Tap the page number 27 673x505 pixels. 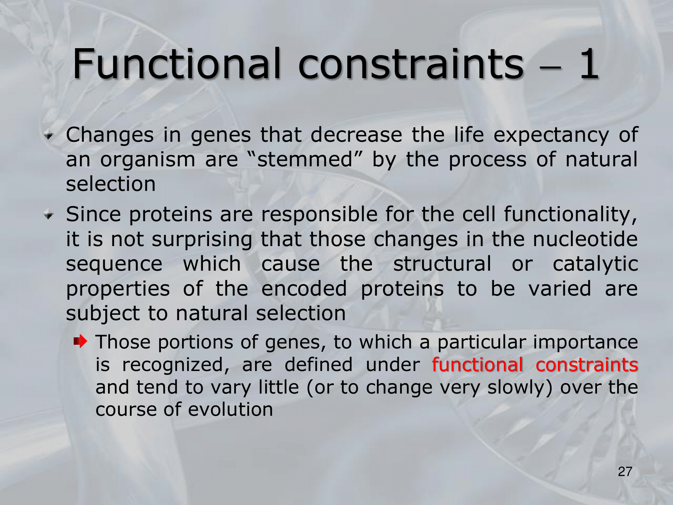625,472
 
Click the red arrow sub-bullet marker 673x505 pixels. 80,342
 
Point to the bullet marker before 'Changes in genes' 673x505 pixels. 49,136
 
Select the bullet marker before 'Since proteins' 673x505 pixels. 49,215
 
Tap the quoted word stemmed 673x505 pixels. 305,159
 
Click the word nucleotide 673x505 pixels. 585,239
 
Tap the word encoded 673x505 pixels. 304,289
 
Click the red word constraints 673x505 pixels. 587,365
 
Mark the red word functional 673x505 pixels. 477,364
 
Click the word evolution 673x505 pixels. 231,409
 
